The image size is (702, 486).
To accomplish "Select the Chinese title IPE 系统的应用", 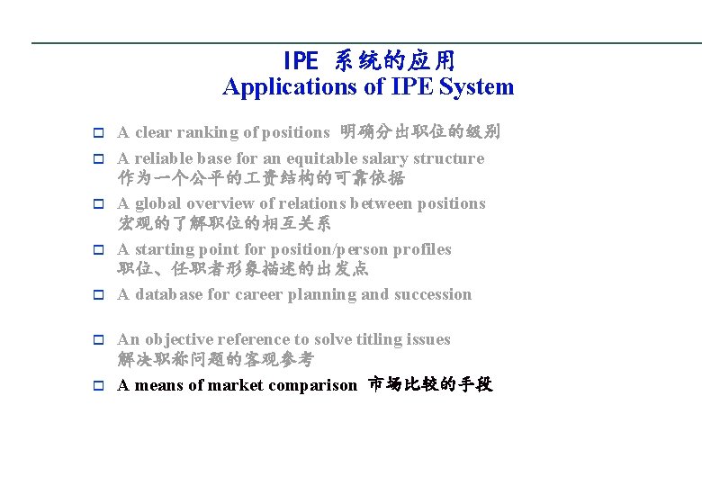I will point(369,61).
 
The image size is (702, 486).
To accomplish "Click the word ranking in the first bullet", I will point(208,132).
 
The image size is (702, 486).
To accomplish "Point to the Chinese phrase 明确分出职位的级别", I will point(420,132).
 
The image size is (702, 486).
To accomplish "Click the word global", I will point(159,203).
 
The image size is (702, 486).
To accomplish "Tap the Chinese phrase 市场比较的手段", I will point(431,385).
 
